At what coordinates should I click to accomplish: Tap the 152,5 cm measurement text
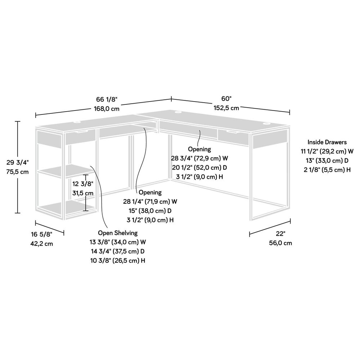point(227,108)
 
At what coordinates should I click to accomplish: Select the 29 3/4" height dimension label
point(17,163)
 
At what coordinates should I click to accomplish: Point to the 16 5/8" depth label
point(41,234)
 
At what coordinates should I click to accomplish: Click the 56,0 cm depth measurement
point(281,243)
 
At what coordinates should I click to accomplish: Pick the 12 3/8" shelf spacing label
point(82,184)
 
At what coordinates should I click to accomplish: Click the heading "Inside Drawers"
point(327,142)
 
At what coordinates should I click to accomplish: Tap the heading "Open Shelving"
point(117,233)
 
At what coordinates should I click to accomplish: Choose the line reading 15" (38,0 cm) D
point(150,211)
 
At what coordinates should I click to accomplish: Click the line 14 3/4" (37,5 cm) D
point(117,251)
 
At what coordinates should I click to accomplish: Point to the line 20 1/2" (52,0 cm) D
point(200,168)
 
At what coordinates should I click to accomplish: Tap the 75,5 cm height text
point(17,172)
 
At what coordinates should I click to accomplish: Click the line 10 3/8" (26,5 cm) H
point(118,260)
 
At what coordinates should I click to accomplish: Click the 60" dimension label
point(226,99)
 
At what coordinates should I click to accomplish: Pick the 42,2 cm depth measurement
point(41,243)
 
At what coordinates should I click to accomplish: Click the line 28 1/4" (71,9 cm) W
point(150,202)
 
